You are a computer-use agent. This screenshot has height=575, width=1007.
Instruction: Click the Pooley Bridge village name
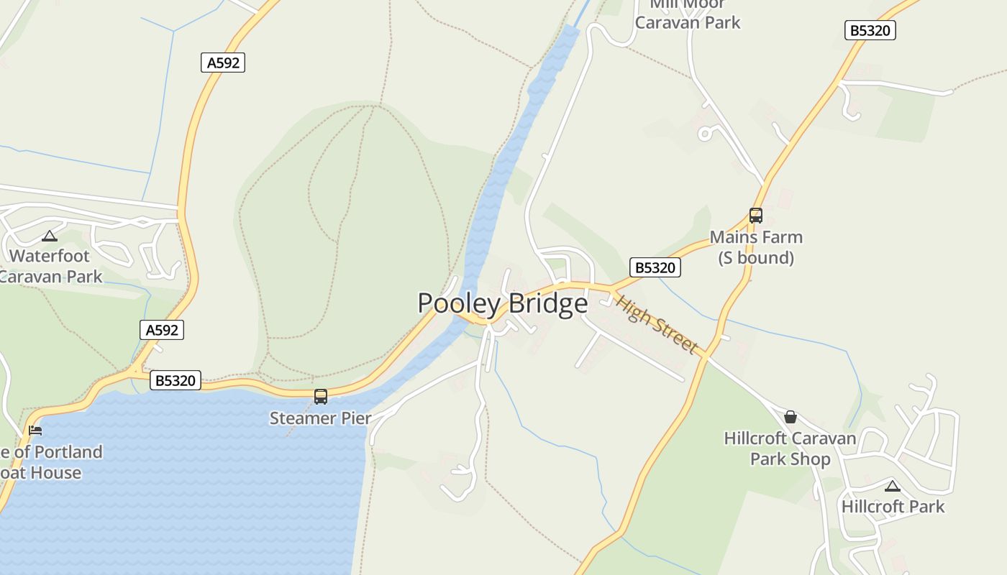[502, 303]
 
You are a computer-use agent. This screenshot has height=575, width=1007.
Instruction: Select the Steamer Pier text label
[320, 418]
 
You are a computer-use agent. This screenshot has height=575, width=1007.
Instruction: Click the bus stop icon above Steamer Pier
[321, 396]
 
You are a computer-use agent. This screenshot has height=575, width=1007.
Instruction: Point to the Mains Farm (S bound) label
[756, 247]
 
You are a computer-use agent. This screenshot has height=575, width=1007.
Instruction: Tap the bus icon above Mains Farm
[755, 215]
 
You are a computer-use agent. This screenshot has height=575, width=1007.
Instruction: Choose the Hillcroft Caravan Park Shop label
[790, 448]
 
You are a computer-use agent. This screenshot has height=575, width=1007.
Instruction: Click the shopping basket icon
[790, 417]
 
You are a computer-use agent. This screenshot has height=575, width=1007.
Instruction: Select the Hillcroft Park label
[893, 506]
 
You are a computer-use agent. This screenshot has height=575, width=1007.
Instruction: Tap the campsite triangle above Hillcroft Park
[893, 486]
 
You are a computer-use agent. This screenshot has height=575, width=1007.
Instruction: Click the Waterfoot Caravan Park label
[50, 266]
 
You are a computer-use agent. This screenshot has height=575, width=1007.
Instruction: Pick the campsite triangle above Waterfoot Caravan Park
[50, 236]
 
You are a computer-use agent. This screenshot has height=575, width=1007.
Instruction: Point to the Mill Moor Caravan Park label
[687, 14]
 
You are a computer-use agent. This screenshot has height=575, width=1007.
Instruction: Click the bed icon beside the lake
[35, 431]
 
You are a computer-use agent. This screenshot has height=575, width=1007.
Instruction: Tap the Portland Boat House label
[50, 462]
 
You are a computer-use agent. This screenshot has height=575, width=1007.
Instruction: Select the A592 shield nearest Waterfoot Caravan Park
[162, 330]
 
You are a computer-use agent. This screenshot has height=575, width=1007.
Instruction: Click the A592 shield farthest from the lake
[223, 63]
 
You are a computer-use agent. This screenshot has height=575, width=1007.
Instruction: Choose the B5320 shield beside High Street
[655, 267]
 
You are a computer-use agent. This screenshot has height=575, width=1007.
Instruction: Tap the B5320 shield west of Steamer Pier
[176, 380]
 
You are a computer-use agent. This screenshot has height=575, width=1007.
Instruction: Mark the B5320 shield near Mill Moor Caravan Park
[870, 30]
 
